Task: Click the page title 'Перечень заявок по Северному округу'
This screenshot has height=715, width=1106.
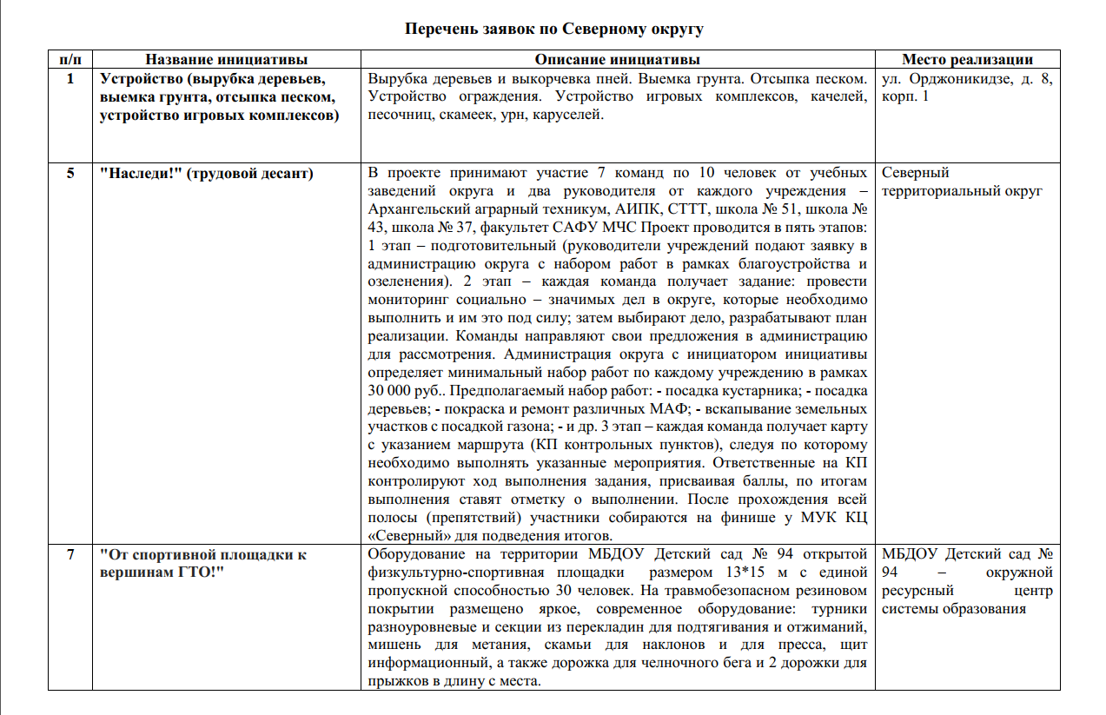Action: click(x=553, y=29)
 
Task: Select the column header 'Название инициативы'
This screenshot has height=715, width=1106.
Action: click(x=226, y=60)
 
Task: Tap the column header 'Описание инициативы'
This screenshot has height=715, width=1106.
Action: click(x=617, y=60)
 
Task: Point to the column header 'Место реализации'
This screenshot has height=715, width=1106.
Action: click(x=967, y=60)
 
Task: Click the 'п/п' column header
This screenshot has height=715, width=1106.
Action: click(x=70, y=60)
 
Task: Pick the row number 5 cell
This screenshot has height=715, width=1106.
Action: click(x=70, y=173)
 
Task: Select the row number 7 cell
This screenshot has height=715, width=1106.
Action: click(x=70, y=554)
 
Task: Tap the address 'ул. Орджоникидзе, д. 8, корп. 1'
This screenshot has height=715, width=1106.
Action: click(x=966, y=87)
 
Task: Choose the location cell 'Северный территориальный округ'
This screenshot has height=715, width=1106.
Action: click(x=961, y=182)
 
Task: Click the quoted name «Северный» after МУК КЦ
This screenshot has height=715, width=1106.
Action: click(x=405, y=535)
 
